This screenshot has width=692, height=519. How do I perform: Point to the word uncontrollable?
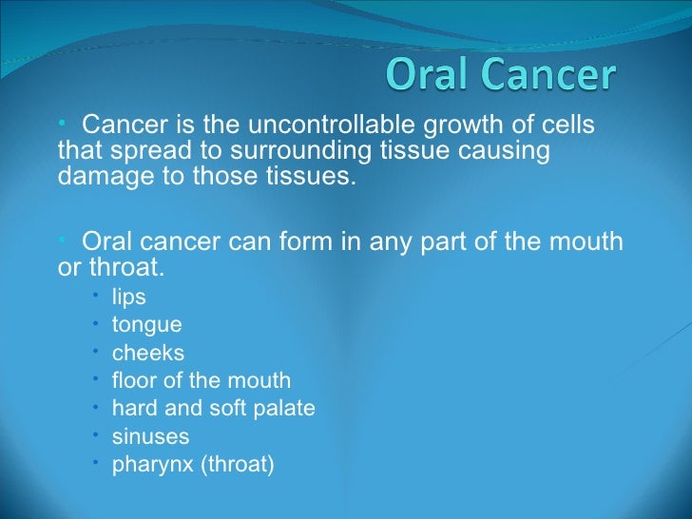322,125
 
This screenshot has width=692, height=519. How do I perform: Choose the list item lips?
128,297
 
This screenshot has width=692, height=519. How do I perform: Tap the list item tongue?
146,325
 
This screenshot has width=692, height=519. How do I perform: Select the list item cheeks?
148,353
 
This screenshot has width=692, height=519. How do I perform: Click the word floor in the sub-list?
133,381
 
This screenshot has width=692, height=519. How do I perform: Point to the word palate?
285,409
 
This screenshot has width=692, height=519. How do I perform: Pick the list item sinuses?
150,437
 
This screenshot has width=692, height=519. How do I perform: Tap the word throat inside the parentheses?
240,466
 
